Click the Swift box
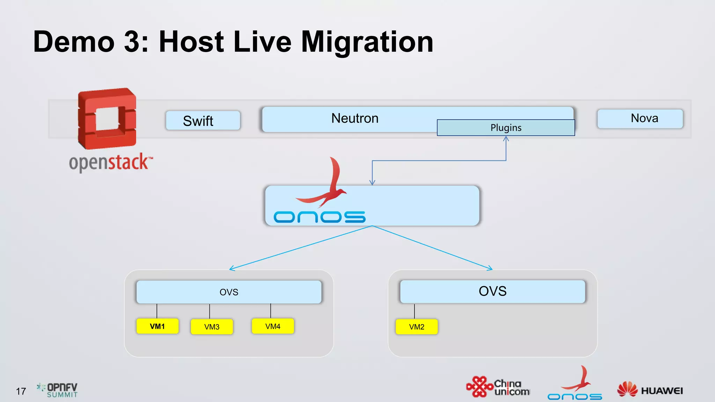(203, 121)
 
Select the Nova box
(640, 119)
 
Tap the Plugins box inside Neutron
(506, 128)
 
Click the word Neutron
(355, 118)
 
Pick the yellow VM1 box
(157, 326)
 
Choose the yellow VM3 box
(212, 327)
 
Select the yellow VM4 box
(273, 326)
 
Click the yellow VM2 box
(417, 327)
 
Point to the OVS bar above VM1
(229, 292)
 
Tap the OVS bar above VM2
(492, 291)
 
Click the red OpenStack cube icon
(107, 119)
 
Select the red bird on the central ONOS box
(326, 185)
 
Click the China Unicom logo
(498, 387)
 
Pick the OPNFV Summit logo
(58, 390)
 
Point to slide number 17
(21, 391)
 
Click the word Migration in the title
(367, 42)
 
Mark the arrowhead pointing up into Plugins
(506, 139)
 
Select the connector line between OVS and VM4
(271, 311)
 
